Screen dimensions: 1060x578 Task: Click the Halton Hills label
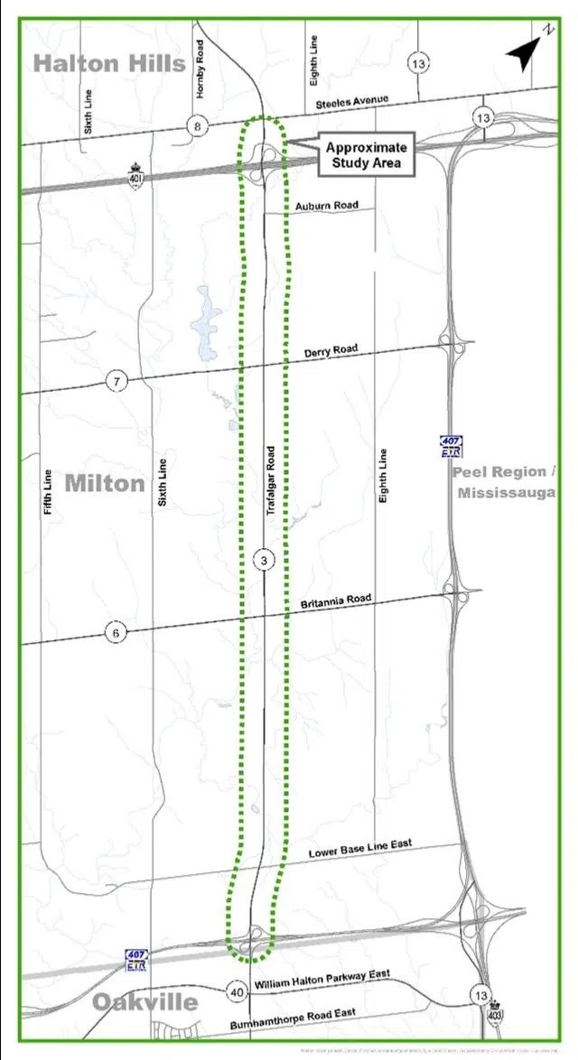point(109,62)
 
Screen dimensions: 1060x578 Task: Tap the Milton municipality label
point(105,483)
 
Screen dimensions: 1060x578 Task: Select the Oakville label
point(145,1002)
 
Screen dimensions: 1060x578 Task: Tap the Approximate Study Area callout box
point(366,155)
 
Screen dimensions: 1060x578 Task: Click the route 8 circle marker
point(197,126)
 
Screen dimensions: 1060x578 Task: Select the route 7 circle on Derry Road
point(117,381)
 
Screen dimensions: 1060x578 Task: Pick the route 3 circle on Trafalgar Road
point(263,561)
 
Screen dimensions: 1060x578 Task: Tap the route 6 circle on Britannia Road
point(116,633)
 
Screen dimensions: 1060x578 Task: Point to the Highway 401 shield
point(136,172)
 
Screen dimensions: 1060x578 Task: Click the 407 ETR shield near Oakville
point(136,961)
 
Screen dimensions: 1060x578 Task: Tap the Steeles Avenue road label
point(352,103)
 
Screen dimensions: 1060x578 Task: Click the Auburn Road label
point(326,206)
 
